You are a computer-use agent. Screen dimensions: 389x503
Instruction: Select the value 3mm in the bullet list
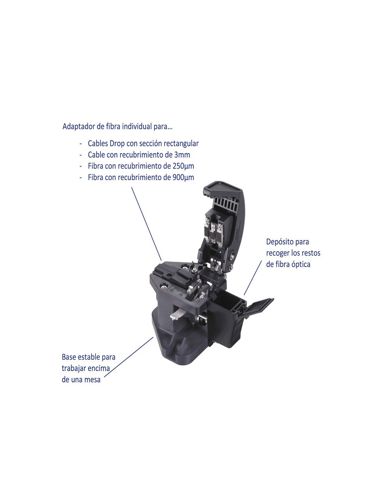tap(182, 155)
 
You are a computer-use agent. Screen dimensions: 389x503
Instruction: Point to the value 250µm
tap(183, 166)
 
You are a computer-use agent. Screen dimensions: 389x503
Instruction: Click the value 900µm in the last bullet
tap(183, 177)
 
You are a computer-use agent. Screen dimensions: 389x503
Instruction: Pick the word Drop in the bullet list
tap(117, 144)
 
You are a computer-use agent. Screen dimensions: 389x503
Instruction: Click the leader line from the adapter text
tap(146, 224)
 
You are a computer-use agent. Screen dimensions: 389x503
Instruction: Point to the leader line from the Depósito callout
tap(253, 278)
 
